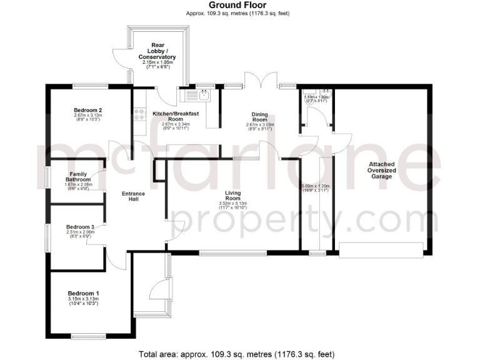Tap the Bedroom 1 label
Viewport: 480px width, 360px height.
coord(83,293)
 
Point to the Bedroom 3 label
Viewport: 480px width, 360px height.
coord(80,226)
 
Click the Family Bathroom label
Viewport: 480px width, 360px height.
coord(78,177)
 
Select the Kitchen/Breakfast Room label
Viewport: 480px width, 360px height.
coord(176,116)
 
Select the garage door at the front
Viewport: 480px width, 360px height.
coord(381,249)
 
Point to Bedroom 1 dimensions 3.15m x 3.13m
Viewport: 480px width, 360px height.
coord(83,299)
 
